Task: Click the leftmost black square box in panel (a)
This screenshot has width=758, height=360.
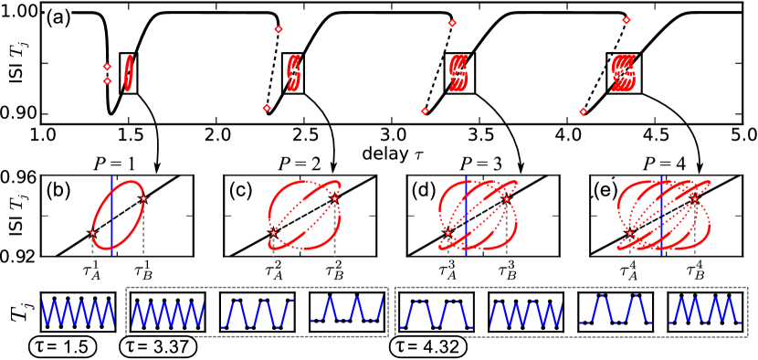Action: (129, 73)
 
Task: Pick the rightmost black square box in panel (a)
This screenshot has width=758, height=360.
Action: (626, 70)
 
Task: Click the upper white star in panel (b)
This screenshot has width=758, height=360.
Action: (143, 198)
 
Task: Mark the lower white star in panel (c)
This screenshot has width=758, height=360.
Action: (274, 233)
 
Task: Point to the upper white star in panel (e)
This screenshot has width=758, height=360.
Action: (695, 197)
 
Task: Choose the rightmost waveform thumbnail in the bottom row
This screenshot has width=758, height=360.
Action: (705, 311)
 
